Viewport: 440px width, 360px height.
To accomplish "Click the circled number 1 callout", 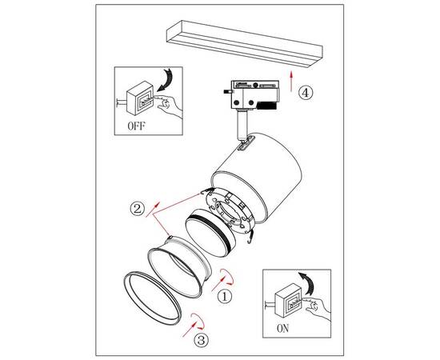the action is [x=225, y=296].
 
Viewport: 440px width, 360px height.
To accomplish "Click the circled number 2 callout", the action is [x=138, y=209].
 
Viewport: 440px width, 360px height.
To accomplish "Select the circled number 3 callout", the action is [x=202, y=340].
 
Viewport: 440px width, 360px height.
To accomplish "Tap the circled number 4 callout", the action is [x=305, y=92].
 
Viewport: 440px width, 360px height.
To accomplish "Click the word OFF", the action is [x=136, y=126].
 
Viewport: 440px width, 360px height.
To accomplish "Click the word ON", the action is [x=282, y=328].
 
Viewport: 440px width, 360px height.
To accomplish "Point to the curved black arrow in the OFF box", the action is [x=166, y=80].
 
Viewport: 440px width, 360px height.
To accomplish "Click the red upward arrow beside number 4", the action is [x=291, y=81].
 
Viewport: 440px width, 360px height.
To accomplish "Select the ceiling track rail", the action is [x=245, y=44].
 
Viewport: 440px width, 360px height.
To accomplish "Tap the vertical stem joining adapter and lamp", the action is [x=242, y=125].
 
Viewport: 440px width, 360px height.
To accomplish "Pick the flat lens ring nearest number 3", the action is [x=152, y=298].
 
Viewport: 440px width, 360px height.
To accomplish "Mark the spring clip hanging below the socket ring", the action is [x=250, y=237].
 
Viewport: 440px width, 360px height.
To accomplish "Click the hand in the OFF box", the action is [x=170, y=106].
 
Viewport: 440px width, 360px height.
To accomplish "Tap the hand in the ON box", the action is [x=318, y=307].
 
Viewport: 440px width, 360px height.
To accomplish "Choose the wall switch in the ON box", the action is [x=288, y=300].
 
